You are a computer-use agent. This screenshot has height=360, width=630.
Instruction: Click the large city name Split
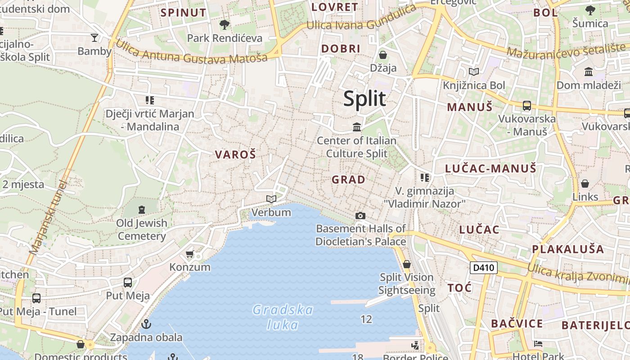(364, 99)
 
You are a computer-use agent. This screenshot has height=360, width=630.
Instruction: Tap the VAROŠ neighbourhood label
(235, 155)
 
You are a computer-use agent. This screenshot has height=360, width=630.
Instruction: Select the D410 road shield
(484, 268)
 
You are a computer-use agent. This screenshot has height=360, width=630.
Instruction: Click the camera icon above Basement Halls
(360, 216)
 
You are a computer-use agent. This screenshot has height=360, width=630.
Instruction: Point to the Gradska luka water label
(283, 317)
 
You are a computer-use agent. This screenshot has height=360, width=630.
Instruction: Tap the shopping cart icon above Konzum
(190, 254)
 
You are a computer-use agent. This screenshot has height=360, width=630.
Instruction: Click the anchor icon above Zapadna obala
(146, 324)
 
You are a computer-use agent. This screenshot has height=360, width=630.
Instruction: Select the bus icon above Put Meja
(128, 283)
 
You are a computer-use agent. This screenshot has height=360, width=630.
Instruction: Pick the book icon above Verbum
(271, 199)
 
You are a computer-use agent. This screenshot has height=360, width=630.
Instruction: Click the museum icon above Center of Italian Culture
(357, 127)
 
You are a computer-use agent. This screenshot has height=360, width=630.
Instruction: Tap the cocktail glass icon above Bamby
(94, 38)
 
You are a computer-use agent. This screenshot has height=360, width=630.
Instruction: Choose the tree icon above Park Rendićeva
(224, 24)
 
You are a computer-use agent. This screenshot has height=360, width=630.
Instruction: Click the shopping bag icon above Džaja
(383, 55)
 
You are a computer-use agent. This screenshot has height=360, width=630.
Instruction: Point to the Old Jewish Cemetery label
(142, 229)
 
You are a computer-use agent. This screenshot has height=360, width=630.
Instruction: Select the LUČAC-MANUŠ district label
(490, 169)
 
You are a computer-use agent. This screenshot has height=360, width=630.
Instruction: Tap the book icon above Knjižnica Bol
(473, 72)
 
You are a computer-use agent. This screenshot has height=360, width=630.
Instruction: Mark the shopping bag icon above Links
(585, 184)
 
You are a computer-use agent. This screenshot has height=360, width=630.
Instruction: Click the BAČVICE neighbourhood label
(517, 324)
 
